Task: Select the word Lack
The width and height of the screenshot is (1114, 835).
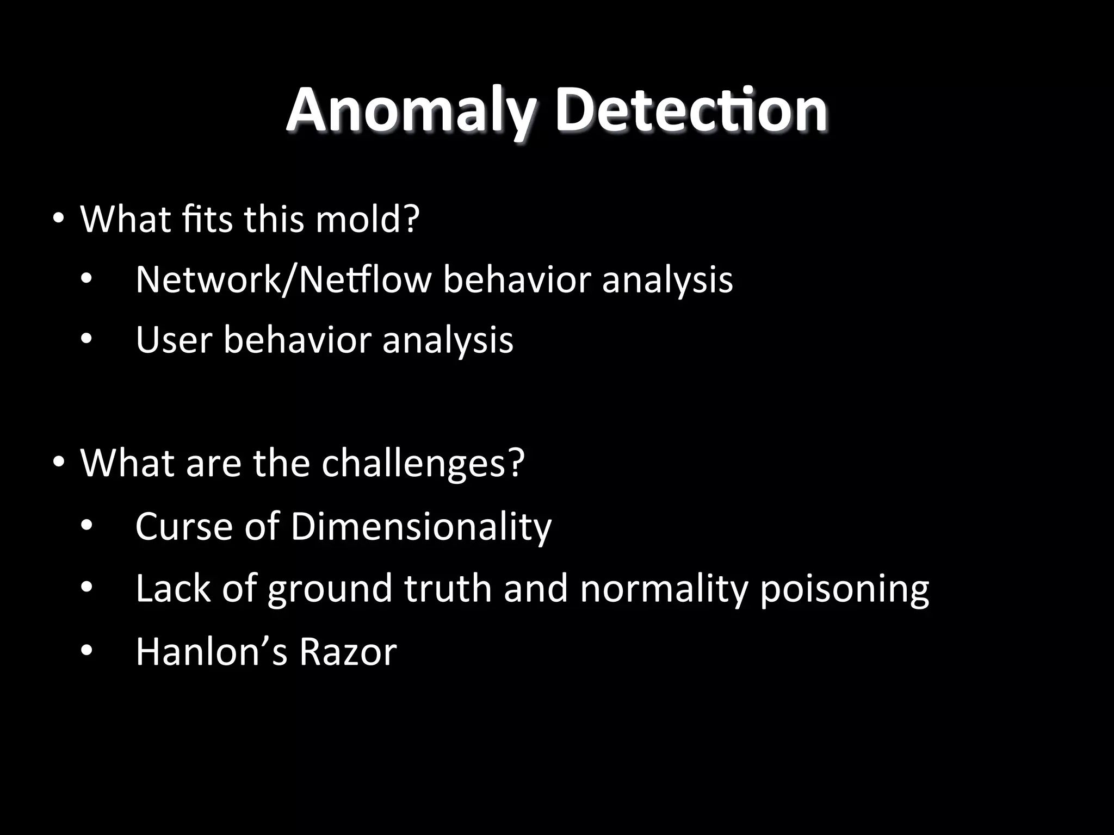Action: (173, 588)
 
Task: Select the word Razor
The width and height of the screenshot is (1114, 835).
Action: (348, 651)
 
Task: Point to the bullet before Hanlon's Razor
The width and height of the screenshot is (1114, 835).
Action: (86, 652)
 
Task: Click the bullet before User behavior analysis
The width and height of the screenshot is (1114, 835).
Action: (86, 340)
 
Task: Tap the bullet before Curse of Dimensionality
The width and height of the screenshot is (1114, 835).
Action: (86, 526)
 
